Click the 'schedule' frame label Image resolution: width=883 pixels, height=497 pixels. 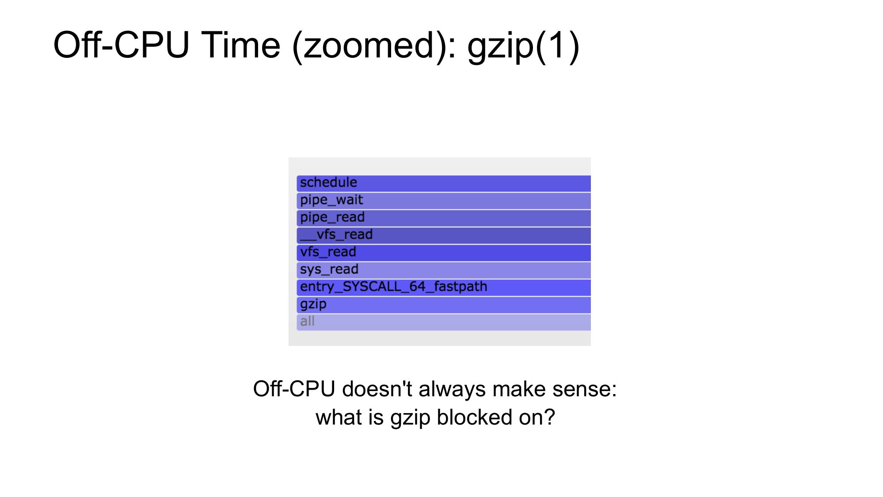[328, 182]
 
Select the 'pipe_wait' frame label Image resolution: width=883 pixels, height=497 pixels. [331, 200]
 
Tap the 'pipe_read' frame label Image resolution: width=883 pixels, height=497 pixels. [332, 217]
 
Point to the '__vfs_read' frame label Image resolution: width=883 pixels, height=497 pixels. [336, 235]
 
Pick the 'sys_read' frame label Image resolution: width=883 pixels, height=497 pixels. [329, 269]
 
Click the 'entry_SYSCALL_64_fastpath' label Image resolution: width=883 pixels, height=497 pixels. [394, 287]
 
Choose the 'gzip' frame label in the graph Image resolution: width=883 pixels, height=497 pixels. [313, 304]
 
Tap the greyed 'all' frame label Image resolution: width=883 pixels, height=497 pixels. [307, 321]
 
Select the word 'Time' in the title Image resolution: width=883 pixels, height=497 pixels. [241, 45]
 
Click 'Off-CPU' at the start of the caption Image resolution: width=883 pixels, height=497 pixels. [295, 389]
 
